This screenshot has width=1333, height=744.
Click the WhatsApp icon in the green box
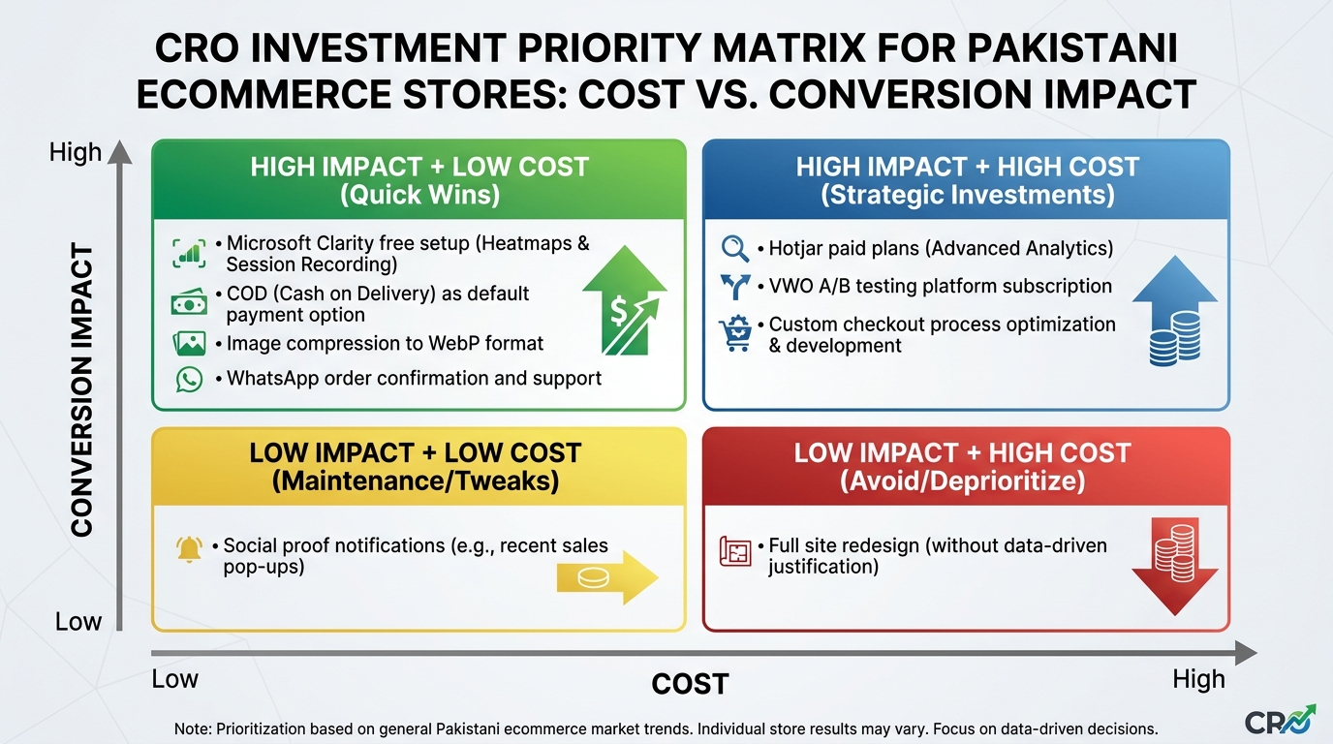coord(189,379)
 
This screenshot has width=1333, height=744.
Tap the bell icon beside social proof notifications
coord(190,549)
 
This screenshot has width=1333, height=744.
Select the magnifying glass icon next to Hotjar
coord(735,248)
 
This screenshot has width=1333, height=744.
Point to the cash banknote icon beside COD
coord(189,303)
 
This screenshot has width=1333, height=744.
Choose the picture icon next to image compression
coord(189,343)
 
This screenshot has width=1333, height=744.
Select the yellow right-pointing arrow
coord(606,578)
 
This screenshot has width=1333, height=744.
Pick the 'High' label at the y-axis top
coord(76,153)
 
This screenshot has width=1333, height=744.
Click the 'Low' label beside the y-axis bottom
coord(78,621)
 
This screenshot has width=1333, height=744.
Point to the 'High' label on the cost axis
coord(1198,679)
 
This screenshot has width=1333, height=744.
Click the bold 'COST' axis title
coord(689,684)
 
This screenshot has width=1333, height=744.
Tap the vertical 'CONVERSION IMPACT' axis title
coord(82,390)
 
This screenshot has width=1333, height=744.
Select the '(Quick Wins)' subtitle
coord(419,195)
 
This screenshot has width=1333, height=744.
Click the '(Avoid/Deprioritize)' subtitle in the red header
coord(962,480)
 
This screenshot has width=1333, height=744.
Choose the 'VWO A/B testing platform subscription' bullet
coord(940,286)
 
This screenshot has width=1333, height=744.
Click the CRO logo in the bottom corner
coord(1280,721)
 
